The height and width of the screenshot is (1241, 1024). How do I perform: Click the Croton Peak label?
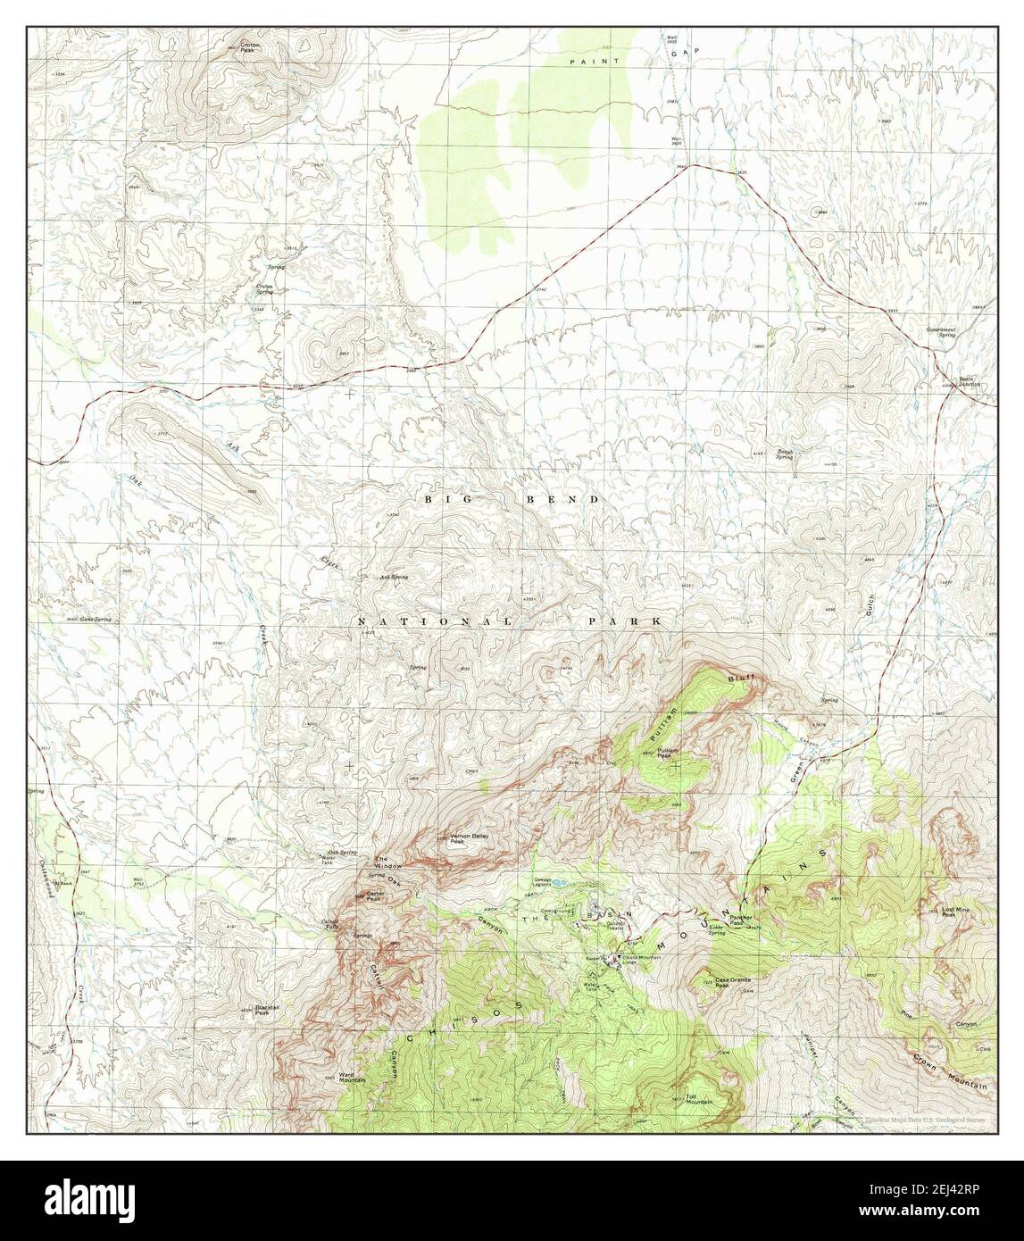(248, 49)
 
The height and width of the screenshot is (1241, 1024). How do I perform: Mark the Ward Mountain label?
(353, 1078)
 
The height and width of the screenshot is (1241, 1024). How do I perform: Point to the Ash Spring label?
(394, 578)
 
